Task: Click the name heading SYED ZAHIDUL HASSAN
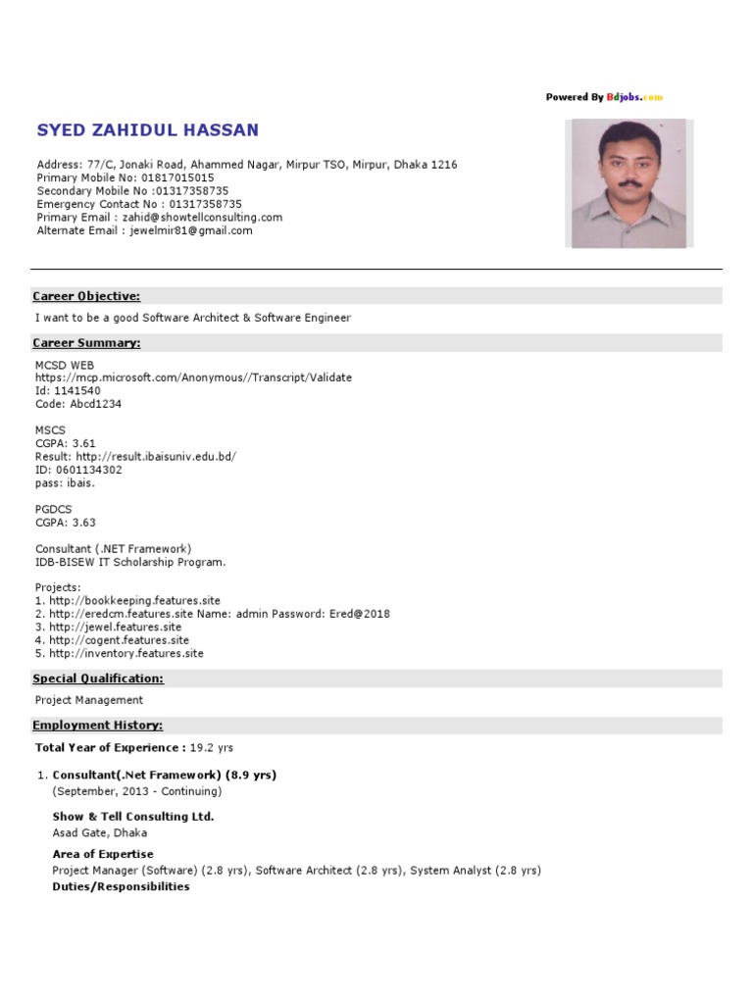tap(148, 130)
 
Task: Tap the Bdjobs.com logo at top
tap(634, 97)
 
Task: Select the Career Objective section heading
tap(86, 296)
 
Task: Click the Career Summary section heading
tap(86, 343)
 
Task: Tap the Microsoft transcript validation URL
tap(193, 377)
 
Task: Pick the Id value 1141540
tap(77, 390)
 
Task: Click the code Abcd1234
tap(96, 404)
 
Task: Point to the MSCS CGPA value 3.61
tap(83, 443)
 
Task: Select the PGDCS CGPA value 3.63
tap(83, 523)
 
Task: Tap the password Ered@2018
tap(364, 614)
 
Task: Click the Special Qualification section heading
tap(98, 678)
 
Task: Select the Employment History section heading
tap(98, 726)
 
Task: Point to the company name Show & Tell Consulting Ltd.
tap(133, 817)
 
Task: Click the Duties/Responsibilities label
tap(121, 886)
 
